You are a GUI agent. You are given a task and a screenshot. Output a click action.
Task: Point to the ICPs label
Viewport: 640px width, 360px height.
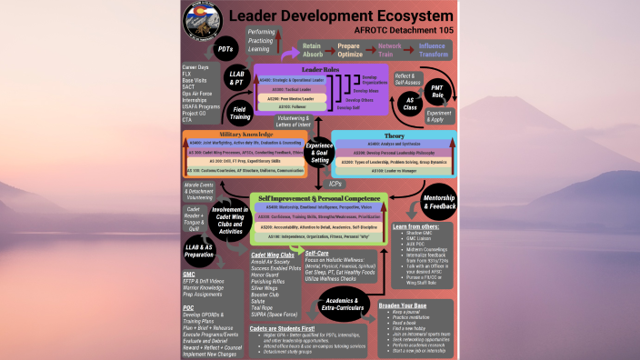tap(335, 184)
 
